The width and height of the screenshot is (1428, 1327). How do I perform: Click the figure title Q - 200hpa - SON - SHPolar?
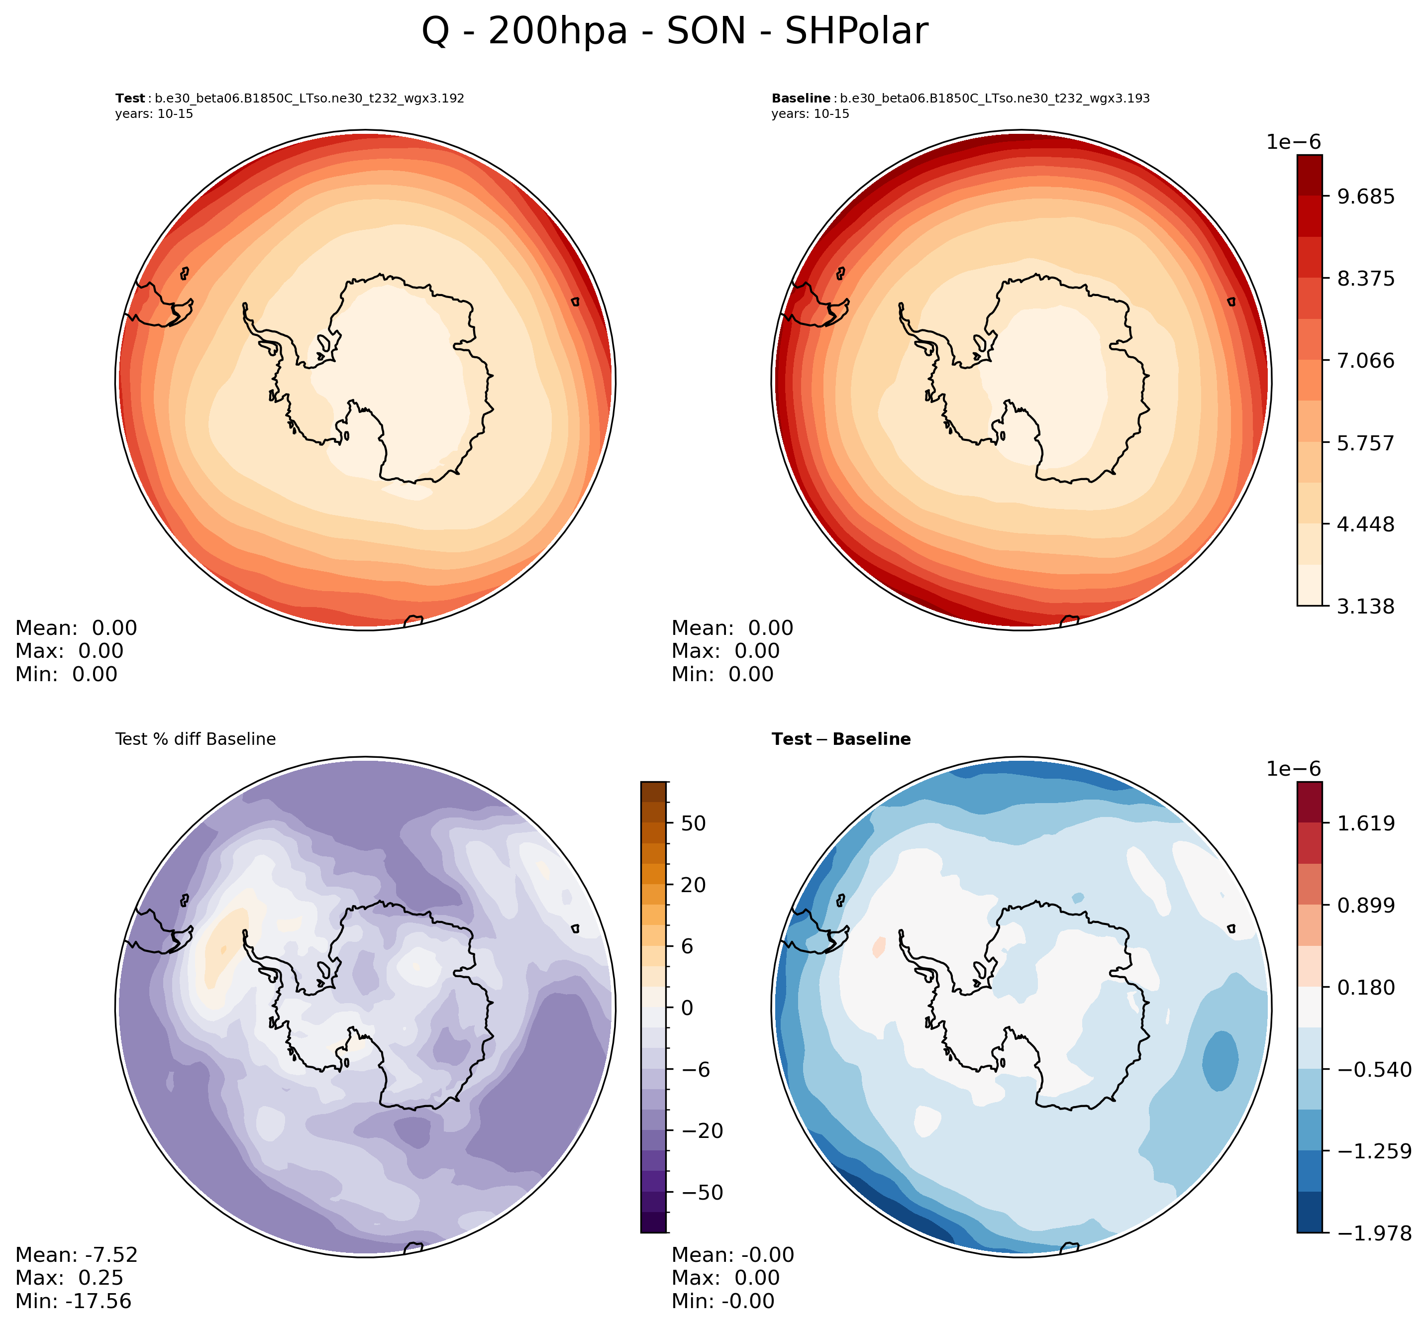coord(674,32)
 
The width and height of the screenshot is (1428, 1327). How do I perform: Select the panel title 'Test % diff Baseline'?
coord(195,739)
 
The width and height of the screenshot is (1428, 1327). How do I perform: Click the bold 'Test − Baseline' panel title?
coord(841,739)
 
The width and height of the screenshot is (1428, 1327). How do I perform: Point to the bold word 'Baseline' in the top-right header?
coord(801,99)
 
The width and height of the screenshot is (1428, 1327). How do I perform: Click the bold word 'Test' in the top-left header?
coord(130,99)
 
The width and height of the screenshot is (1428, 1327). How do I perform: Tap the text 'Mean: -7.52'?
coord(76,1254)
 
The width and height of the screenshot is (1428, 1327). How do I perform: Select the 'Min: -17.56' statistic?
coord(73,1301)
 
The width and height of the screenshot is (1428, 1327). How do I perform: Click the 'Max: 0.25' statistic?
coord(69,1277)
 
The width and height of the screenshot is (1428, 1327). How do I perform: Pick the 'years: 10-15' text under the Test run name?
coord(154,113)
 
